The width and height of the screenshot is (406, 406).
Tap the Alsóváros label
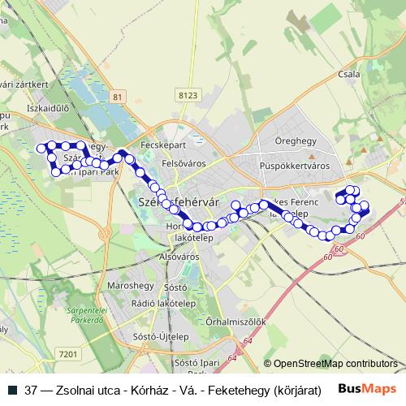pyautogui.click(x=179, y=257)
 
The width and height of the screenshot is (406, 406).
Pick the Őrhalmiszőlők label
pyautogui.click(x=236, y=322)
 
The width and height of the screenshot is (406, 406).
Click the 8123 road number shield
pyautogui.click(x=188, y=96)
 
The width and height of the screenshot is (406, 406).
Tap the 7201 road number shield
pyautogui.click(x=68, y=353)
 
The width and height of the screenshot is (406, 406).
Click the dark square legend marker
pyautogui.click(x=13, y=388)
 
